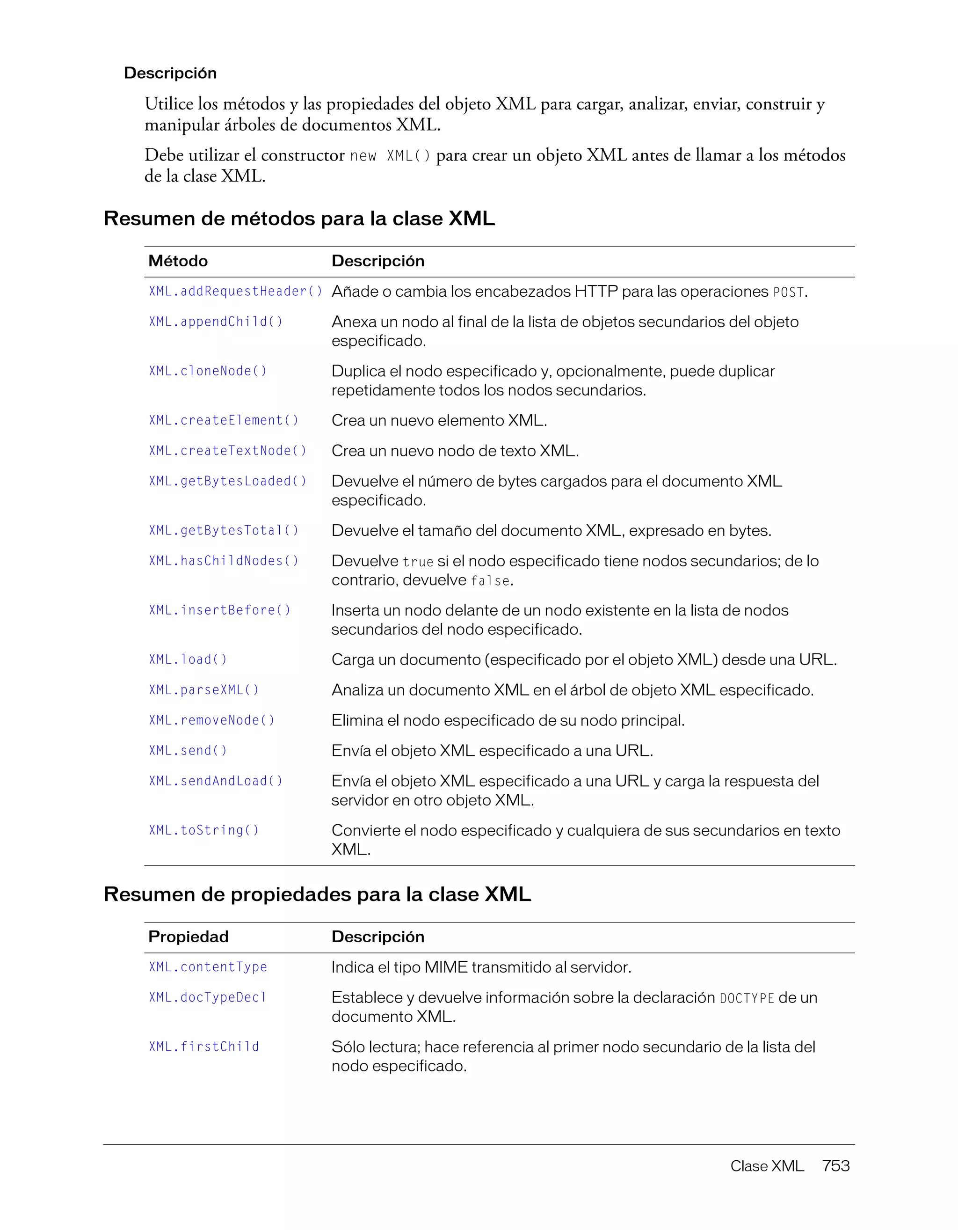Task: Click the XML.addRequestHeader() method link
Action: click(x=235, y=291)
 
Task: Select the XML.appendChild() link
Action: click(x=216, y=322)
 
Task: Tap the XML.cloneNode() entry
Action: click(x=208, y=371)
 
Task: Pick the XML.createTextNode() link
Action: click(x=227, y=451)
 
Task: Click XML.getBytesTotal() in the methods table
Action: click(x=224, y=531)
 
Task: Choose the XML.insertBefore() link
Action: click(x=219, y=610)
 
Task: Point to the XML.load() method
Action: click(x=188, y=659)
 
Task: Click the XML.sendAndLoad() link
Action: click(x=216, y=781)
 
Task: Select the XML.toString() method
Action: click(x=204, y=830)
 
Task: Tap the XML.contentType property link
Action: click(x=208, y=967)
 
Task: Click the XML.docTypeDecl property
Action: click(x=207, y=997)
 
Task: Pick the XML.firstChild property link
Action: click(x=204, y=1047)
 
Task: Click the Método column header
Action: click(x=178, y=261)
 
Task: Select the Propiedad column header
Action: click(x=188, y=937)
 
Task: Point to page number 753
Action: click(x=836, y=1166)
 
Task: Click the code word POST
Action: click(x=788, y=293)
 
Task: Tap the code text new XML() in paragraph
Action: click(x=390, y=156)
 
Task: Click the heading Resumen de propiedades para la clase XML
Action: click(x=317, y=894)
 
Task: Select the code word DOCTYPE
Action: click(x=747, y=998)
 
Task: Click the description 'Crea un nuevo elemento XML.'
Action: click(x=439, y=421)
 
